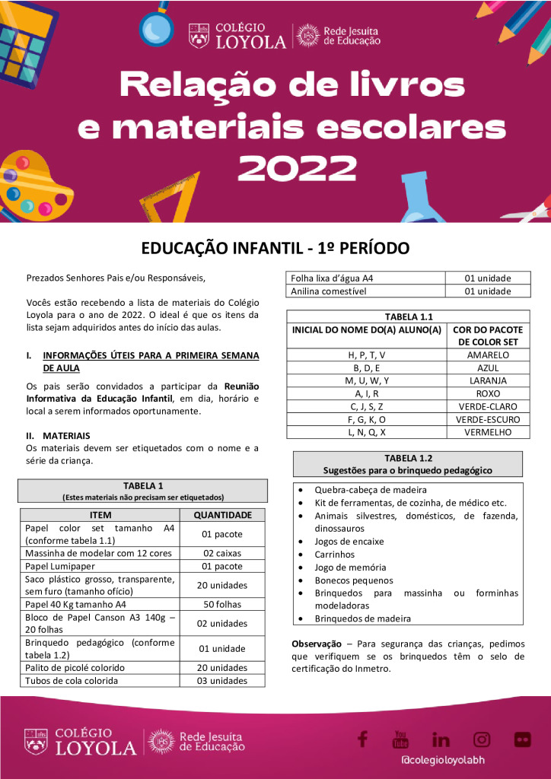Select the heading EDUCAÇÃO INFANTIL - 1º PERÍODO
(275, 248)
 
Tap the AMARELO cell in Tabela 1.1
(488, 355)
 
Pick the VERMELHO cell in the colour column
(488, 432)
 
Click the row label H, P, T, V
(366, 355)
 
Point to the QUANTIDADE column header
(222, 515)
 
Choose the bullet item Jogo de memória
(350, 568)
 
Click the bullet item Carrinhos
(335, 555)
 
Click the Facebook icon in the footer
(362, 739)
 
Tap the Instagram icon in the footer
(482, 739)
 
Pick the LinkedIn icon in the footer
(441, 739)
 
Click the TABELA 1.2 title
(408, 458)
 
